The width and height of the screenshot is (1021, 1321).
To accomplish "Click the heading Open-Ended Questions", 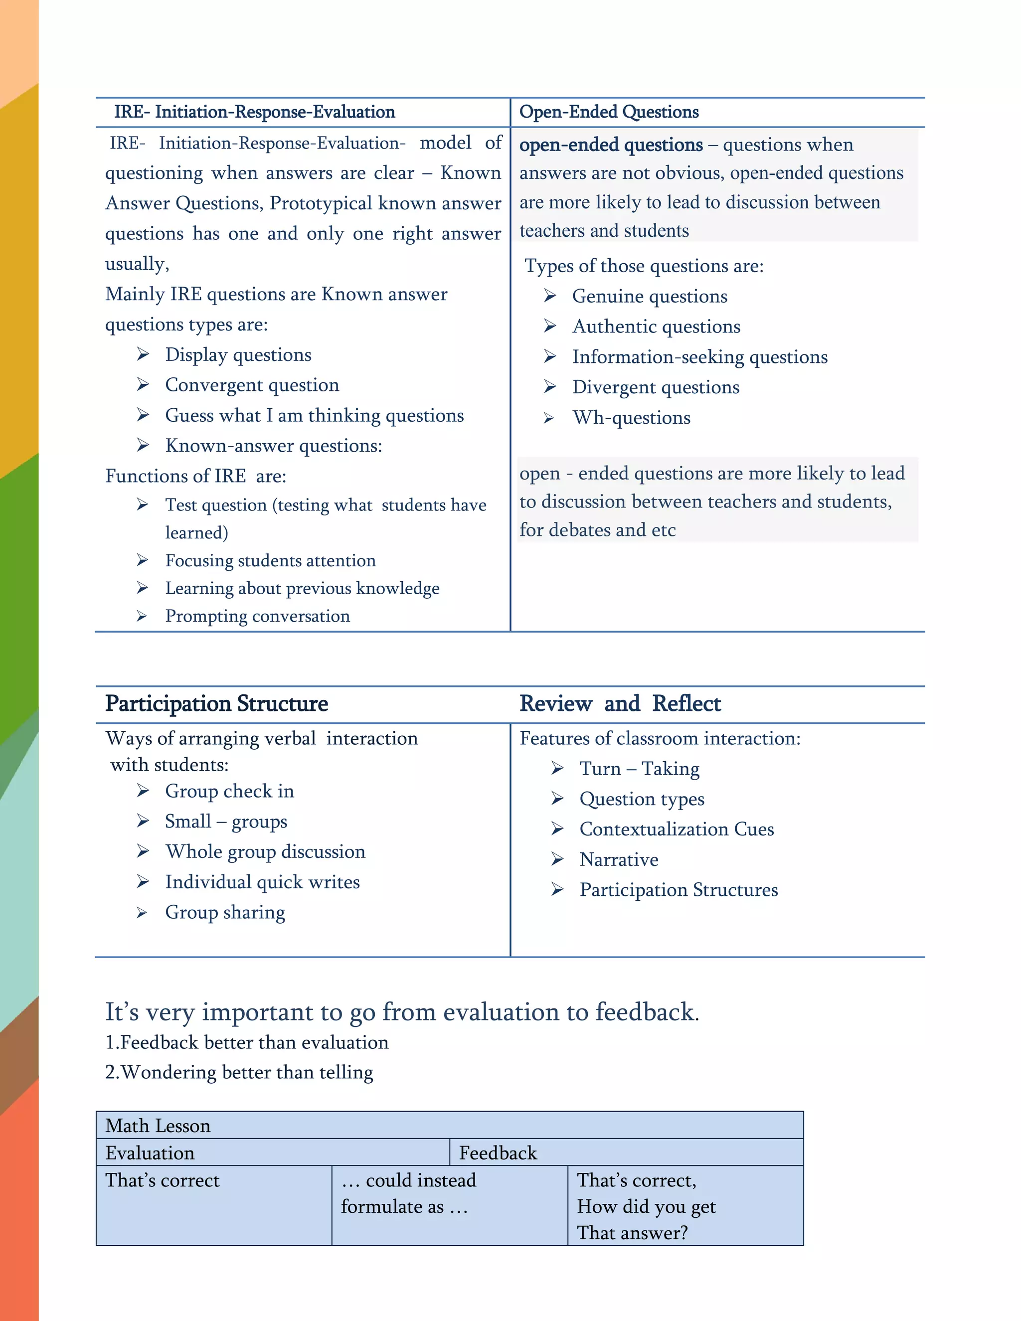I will [609, 112].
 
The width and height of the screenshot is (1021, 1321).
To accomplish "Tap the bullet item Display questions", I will [238, 354].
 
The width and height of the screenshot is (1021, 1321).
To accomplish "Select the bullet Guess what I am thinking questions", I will [314, 416].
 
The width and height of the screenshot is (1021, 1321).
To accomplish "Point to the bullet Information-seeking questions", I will [699, 357].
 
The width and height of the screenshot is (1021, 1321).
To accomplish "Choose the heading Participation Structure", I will [216, 703].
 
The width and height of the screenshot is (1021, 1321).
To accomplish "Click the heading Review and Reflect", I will [620, 703].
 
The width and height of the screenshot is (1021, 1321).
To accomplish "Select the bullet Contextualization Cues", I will [676, 829].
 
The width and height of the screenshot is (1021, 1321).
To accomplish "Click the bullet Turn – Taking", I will [639, 769].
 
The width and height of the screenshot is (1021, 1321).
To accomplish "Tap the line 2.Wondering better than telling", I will [239, 1072].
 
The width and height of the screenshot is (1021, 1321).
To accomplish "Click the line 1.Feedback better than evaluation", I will [247, 1043].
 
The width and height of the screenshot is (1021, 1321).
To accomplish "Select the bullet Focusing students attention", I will [270, 561].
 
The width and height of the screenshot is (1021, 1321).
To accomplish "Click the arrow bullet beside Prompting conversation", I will [142, 616].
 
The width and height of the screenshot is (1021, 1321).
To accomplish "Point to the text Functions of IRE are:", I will [195, 476].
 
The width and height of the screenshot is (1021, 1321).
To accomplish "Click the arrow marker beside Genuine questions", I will [550, 296].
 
